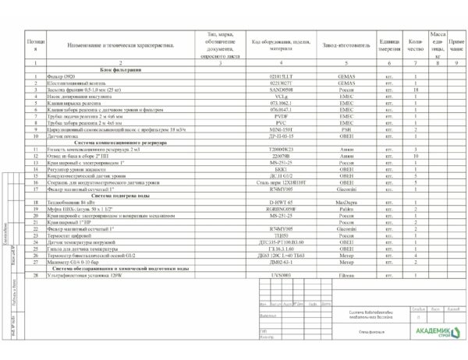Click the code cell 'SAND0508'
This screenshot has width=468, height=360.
coord(278,90)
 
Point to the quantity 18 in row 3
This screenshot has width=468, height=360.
coord(415,90)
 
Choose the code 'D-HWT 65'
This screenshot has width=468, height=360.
coord(278,203)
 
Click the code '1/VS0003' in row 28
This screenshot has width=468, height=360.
coord(278,275)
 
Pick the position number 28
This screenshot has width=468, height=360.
coord(35,275)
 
